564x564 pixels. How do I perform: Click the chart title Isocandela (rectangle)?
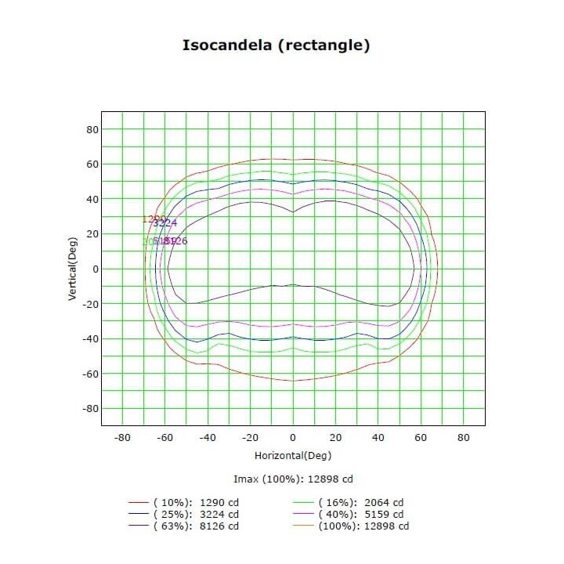(x=276, y=45)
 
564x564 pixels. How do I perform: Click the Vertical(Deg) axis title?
(x=72, y=269)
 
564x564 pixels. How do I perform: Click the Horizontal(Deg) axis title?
(x=292, y=455)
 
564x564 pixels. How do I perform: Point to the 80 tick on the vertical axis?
(x=91, y=129)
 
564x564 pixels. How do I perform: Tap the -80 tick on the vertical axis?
(x=89, y=409)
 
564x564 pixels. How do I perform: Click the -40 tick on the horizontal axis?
(x=208, y=438)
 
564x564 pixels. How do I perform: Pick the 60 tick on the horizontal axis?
(x=421, y=438)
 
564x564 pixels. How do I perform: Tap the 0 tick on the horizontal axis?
(x=293, y=438)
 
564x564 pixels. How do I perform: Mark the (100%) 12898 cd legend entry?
(x=363, y=526)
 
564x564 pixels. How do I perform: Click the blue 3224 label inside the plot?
(x=165, y=223)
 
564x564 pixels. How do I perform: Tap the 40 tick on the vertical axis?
(x=91, y=199)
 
